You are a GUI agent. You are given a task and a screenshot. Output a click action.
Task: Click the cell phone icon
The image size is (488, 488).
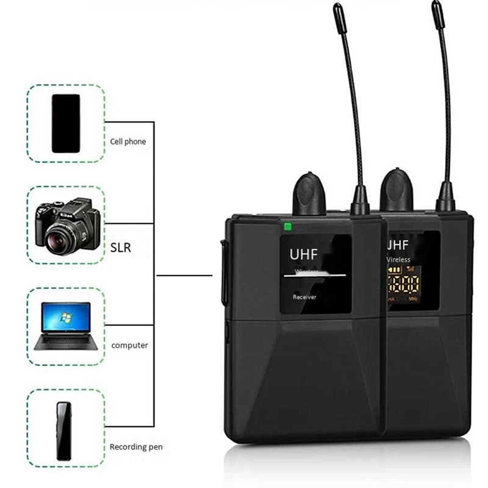tap(66, 123)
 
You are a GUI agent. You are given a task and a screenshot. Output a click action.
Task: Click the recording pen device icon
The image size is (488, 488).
tap(63, 431)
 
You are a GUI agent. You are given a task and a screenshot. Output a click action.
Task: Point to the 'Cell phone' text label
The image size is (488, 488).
tap(128, 142)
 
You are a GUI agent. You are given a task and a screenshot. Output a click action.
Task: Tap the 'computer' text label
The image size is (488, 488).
tap(129, 345)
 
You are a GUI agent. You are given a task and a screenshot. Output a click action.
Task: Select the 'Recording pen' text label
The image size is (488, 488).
tap(137, 447)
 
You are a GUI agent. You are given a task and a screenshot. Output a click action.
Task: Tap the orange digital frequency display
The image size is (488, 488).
tap(403, 284)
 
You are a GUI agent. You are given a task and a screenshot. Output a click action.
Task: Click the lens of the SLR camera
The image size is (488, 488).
tap(60, 233)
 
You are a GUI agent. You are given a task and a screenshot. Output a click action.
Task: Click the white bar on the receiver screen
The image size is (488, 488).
tap(314, 276)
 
